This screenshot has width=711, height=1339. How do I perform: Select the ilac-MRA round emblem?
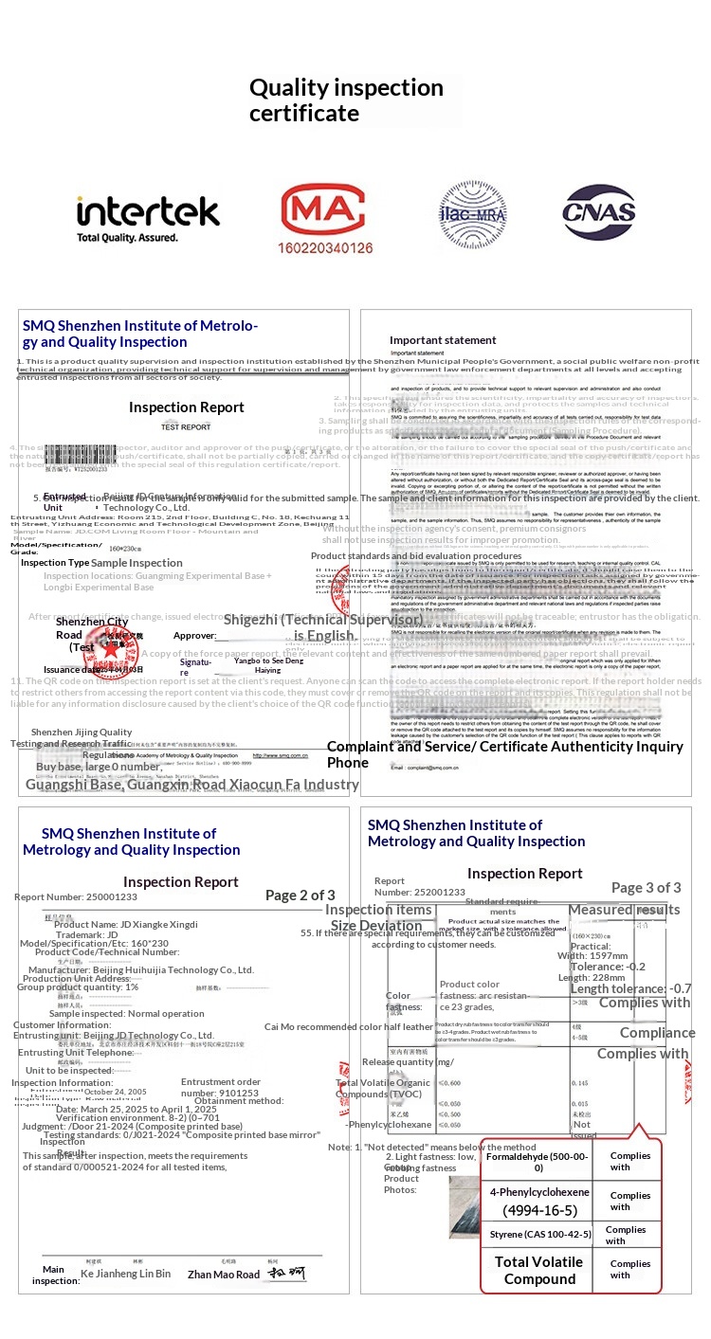tap(472, 215)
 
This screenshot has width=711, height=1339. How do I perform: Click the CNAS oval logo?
tap(599, 212)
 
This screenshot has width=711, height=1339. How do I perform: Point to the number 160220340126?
tap(326, 247)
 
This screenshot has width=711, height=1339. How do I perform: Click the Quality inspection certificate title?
tap(346, 100)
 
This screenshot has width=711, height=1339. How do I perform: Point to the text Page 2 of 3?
tap(300, 895)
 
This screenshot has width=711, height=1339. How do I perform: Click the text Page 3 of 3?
tap(646, 888)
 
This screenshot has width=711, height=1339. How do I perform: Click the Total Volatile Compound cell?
tap(539, 1270)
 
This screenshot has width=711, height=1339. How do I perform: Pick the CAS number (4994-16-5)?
tap(539, 1210)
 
